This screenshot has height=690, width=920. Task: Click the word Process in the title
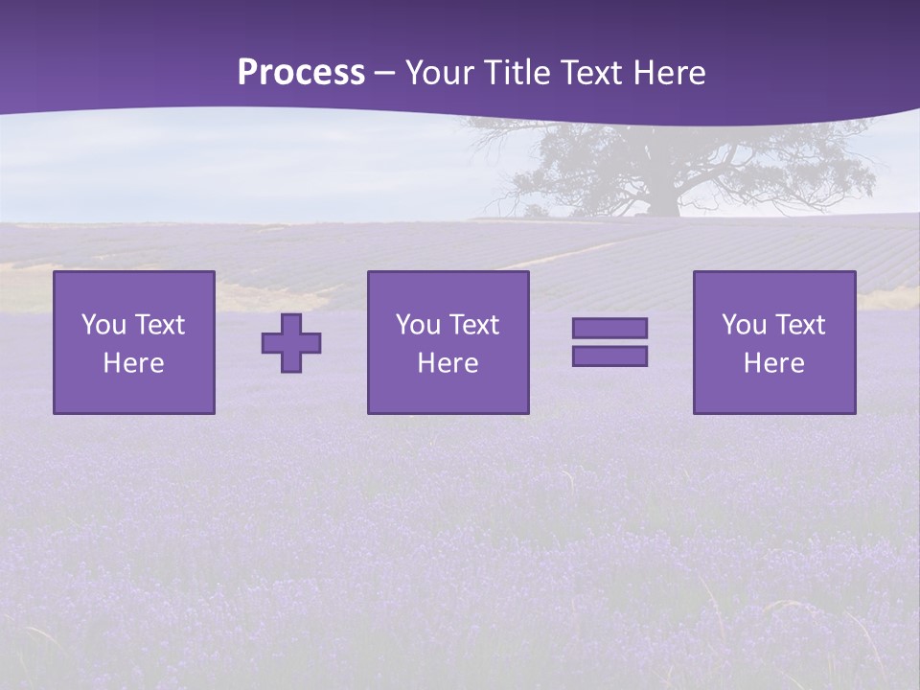(x=301, y=73)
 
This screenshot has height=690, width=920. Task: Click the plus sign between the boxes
(x=291, y=343)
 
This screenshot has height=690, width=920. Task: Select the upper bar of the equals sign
(x=609, y=329)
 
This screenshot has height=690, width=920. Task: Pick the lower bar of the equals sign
(x=609, y=356)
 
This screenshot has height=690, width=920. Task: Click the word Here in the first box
(x=134, y=363)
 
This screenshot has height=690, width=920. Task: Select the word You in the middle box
(x=418, y=325)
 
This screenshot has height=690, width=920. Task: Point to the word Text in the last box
(x=798, y=325)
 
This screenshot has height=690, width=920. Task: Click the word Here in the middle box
(x=448, y=363)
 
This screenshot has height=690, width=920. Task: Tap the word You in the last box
(x=744, y=325)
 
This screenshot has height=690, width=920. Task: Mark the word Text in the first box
(x=158, y=325)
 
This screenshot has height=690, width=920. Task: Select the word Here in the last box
(x=774, y=363)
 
